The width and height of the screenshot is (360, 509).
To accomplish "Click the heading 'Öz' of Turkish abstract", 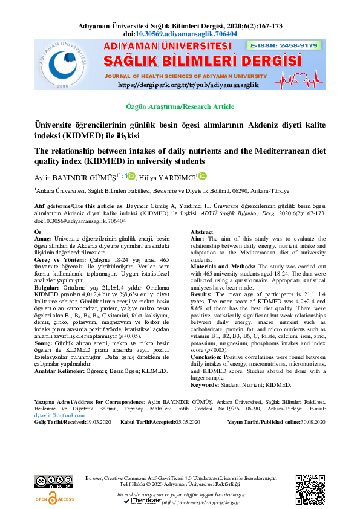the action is (x=38, y=232).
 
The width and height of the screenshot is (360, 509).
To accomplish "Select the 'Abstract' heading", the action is (x=202, y=232).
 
